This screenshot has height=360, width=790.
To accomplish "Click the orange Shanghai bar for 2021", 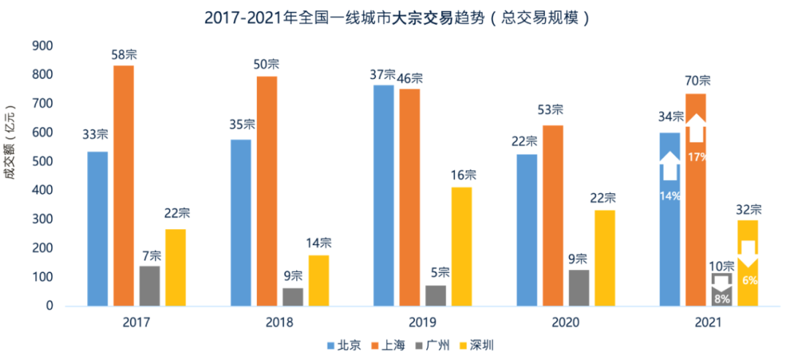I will pyautogui.click(x=696, y=220).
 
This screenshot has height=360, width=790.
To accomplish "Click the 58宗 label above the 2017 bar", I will pyautogui.click(x=124, y=55).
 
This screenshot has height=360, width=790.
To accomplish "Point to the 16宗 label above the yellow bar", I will pyautogui.click(x=462, y=176).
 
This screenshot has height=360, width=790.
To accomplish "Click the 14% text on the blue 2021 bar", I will pyautogui.click(x=669, y=195).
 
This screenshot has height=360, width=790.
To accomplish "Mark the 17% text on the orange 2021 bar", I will pyautogui.click(x=696, y=156).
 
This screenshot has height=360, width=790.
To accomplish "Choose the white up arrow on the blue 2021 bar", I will pyautogui.click(x=669, y=165).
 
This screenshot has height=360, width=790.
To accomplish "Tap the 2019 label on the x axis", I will pyautogui.click(x=422, y=322).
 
